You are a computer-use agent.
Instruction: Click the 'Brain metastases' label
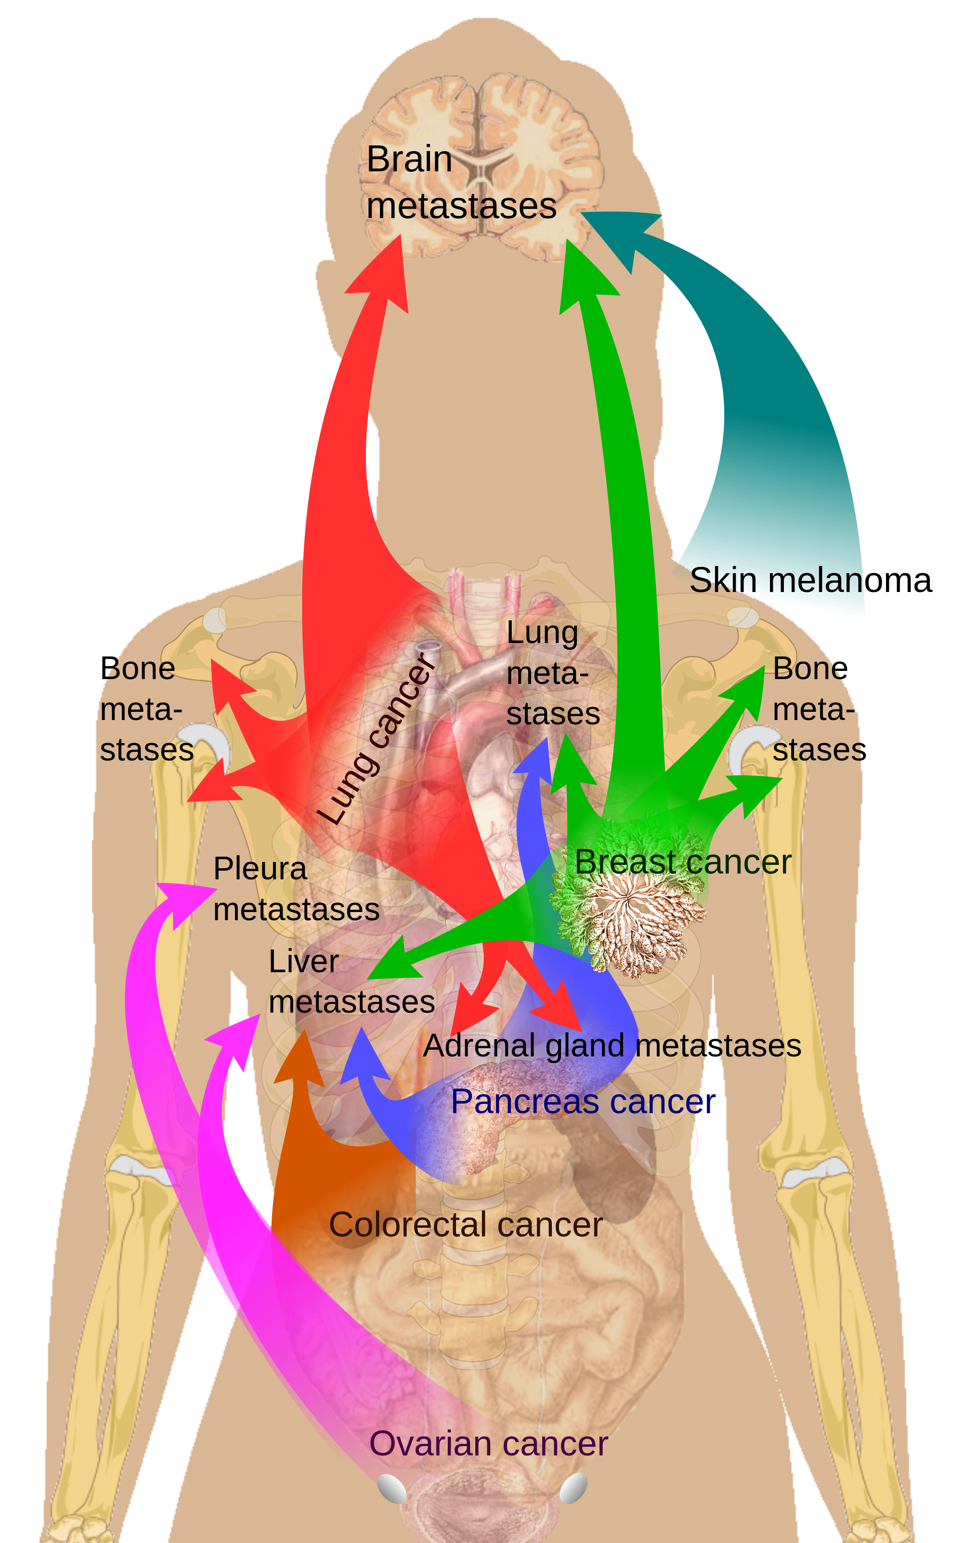click(x=461, y=183)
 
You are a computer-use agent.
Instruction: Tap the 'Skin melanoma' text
click(x=810, y=580)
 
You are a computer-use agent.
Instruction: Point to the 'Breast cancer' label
click(x=683, y=862)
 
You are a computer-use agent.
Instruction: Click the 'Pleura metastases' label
click(x=296, y=888)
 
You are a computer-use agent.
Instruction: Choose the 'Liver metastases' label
click(x=351, y=981)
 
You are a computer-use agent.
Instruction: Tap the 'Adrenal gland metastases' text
click(x=612, y=1046)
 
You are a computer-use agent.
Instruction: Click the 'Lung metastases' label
click(x=553, y=673)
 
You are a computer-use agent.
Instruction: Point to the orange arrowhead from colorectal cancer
click(x=300, y=1058)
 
